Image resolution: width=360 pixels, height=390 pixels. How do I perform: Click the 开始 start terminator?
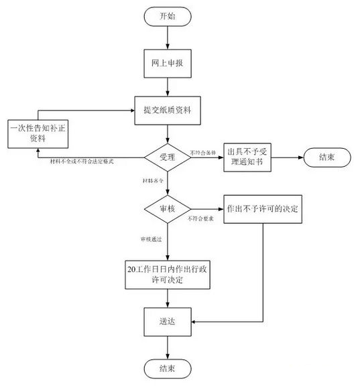pos(167,16)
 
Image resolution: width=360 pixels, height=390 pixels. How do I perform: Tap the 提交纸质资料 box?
pos(167,109)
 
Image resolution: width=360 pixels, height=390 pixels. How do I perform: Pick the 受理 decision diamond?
pos(167,158)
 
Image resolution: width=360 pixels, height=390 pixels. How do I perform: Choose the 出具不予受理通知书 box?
pos(248,159)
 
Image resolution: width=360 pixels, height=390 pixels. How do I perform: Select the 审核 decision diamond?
pos(167,209)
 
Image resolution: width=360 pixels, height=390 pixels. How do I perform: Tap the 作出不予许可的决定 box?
pos(261,209)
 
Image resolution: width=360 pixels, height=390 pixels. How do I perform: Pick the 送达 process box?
pos(167,322)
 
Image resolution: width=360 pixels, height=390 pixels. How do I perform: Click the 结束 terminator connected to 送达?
pos(167,369)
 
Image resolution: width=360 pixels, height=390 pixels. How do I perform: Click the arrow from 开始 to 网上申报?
pos(167,38)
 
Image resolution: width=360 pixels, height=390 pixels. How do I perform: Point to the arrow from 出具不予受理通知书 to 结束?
pos(287,158)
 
